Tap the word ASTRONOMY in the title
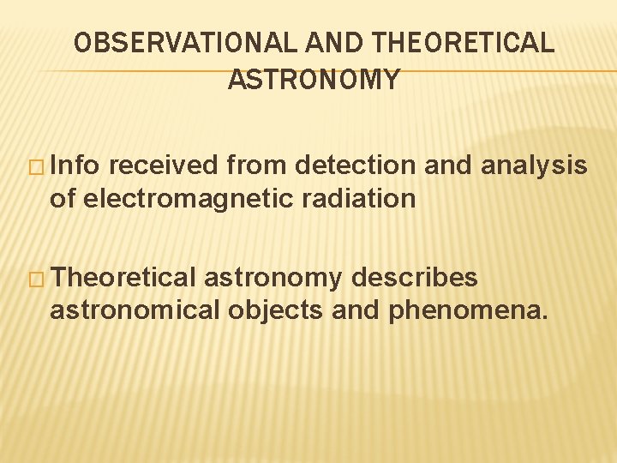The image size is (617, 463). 314,80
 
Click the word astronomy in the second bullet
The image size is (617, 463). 273,279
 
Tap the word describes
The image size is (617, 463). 415,277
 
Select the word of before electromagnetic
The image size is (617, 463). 63,199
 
